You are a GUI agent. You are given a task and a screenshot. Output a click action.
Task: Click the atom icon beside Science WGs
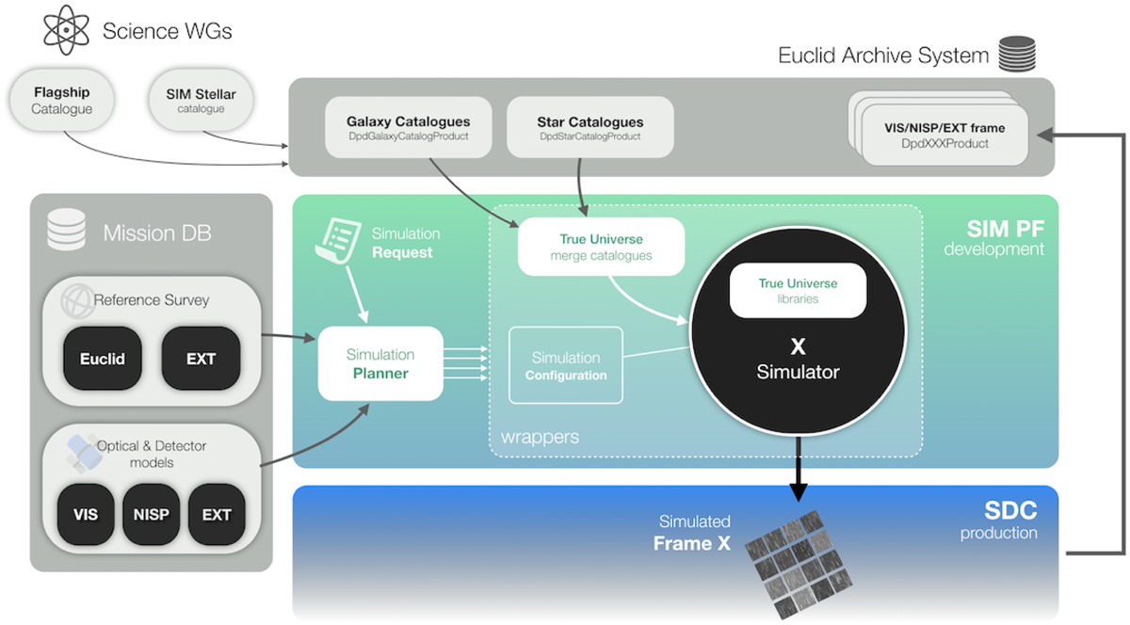pyautogui.click(x=67, y=29)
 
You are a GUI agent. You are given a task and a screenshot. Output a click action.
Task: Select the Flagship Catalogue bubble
pyautogui.click(x=63, y=101)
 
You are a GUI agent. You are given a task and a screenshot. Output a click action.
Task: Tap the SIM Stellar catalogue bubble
pyautogui.click(x=201, y=101)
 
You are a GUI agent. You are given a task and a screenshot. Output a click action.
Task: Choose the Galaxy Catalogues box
pyautogui.click(x=408, y=128)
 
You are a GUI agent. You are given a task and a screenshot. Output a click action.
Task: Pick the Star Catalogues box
pyautogui.click(x=589, y=128)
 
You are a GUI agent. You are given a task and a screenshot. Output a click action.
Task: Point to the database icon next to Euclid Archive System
pyautogui.click(x=1015, y=54)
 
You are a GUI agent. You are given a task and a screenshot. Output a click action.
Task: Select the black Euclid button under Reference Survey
pyautogui.click(x=102, y=359)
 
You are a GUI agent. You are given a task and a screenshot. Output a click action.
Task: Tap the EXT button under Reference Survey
pyautogui.click(x=201, y=359)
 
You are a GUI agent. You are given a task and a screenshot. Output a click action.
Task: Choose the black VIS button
pyautogui.click(x=86, y=514)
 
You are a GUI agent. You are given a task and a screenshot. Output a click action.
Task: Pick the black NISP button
pyautogui.click(x=151, y=514)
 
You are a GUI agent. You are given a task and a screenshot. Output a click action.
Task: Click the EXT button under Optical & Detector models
pyautogui.click(x=217, y=514)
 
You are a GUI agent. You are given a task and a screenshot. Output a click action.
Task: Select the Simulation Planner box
pyautogui.click(x=379, y=362)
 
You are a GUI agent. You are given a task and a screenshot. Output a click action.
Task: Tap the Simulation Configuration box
pyautogui.click(x=566, y=365)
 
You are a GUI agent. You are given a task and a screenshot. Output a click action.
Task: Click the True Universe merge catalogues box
pyautogui.click(x=601, y=247)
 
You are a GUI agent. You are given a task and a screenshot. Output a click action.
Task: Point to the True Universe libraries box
pyautogui.click(x=798, y=290)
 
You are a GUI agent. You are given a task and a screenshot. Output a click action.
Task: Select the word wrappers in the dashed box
pyautogui.click(x=540, y=437)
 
